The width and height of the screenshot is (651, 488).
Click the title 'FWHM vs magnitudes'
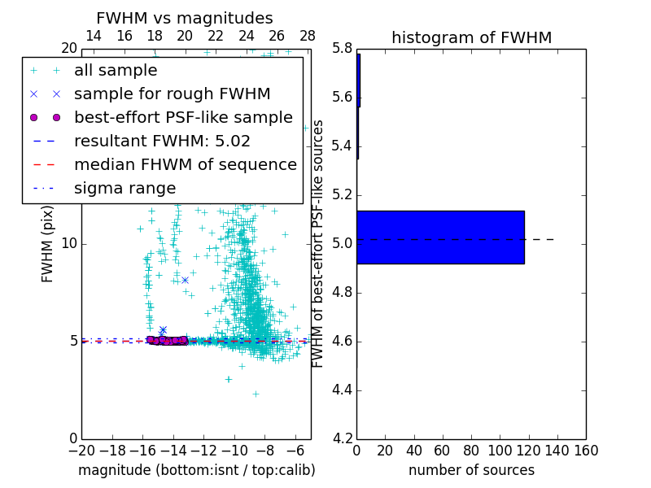click(x=185, y=18)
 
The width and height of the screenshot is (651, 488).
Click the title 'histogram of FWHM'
click(x=471, y=37)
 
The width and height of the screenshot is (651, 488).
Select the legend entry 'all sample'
click(x=116, y=71)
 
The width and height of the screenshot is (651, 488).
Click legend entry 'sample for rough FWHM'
click(x=172, y=94)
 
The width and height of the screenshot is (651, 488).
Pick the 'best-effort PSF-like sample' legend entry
click(x=183, y=117)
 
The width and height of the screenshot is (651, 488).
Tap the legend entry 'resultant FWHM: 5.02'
click(x=162, y=141)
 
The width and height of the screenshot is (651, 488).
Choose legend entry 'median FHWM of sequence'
click(x=185, y=164)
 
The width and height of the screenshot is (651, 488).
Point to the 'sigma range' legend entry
click(x=125, y=188)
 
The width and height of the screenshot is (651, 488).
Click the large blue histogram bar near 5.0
click(x=440, y=237)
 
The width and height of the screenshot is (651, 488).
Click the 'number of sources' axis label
click(x=471, y=470)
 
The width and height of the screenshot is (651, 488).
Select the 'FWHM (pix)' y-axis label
click(x=48, y=243)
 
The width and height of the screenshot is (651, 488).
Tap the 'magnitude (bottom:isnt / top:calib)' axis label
click(x=196, y=470)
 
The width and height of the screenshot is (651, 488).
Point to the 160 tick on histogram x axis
click(x=586, y=451)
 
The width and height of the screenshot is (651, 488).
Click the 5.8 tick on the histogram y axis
click(x=342, y=49)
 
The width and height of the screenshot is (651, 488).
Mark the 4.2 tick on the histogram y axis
click(x=342, y=438)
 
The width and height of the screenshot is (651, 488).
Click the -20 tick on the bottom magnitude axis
click(x=81, y=451)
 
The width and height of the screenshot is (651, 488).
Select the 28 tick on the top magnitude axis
click(x=308, y=36)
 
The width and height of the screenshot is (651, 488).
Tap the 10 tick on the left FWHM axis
click(x=69, y=243)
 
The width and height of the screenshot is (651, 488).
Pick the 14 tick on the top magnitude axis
click(x=94, y=36)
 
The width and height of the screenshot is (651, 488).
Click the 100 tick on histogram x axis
click(x=500, y=451)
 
